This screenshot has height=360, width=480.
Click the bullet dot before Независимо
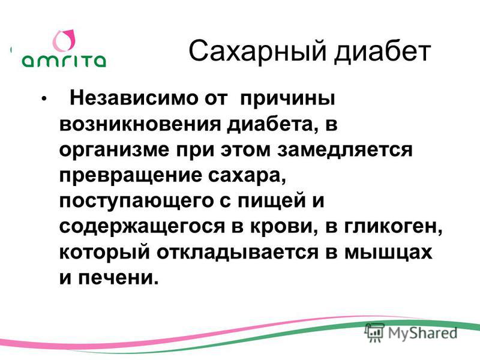(44, 99)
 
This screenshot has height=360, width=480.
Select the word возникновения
(140, 125)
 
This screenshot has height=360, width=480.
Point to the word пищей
(272, 201)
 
